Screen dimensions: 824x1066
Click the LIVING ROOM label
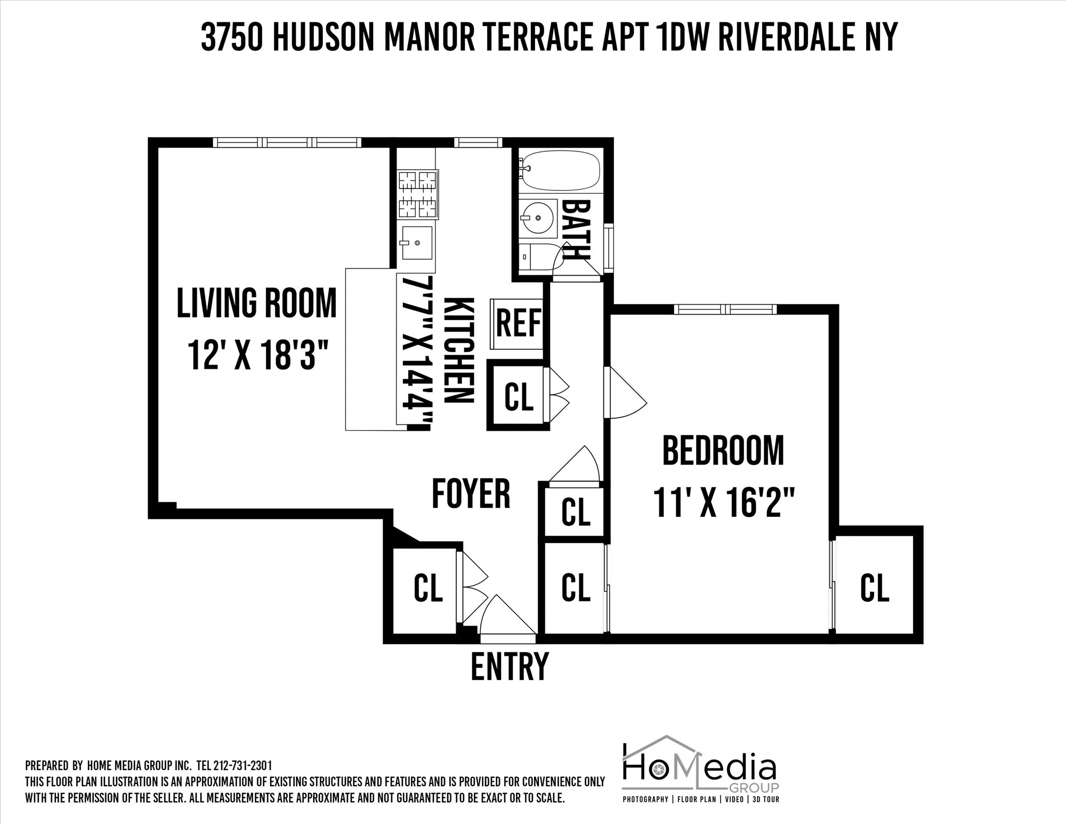coord(256,303)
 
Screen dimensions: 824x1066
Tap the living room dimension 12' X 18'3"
coord(256,356)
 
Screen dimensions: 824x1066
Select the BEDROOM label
coord(723,451)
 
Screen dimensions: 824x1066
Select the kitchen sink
coord(416,243)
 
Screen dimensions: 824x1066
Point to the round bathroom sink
coord(537,218)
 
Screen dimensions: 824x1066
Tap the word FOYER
coord(471,493)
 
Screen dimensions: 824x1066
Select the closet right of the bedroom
coord(875,587)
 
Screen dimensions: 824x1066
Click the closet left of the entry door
coord(428,588)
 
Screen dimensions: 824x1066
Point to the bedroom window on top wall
coord(725,310)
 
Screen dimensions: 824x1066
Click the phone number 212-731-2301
coord(243,766)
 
